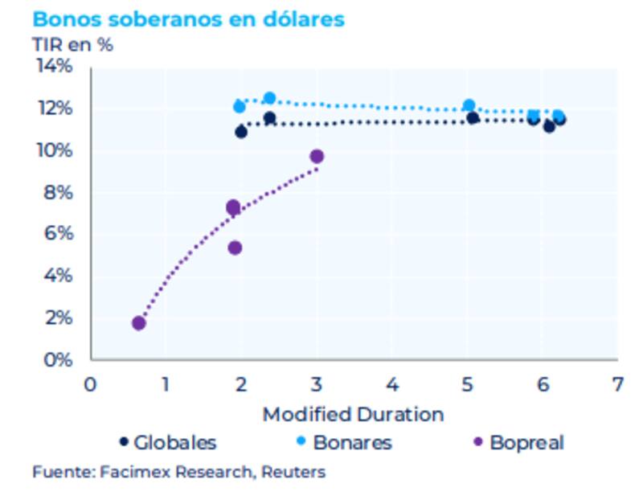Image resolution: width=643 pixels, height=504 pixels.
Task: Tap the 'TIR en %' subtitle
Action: (x=72, y=44)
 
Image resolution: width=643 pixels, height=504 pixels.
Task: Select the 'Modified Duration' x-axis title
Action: (x=353, y=415)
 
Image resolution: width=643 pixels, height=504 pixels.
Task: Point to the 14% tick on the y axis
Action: (x=55, y=66)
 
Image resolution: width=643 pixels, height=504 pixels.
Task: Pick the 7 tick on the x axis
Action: (x=617, y=384)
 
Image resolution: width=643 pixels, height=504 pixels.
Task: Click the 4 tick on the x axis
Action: (x=391, y=384)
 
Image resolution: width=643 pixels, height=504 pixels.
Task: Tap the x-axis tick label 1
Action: (x=165, y=384)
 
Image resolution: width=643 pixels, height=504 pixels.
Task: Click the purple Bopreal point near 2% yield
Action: (x=139, y=323)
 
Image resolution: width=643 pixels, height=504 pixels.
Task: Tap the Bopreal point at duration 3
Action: (x=317, y=157)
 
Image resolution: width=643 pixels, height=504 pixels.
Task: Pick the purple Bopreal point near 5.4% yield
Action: (x=235, y=248)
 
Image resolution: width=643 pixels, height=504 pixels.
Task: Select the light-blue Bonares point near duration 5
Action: (x=469, y=106)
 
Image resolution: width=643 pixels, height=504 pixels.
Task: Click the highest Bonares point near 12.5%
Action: (x=269, y=99)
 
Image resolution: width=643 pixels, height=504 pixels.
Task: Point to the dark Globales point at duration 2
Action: (x=241, y=132)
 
